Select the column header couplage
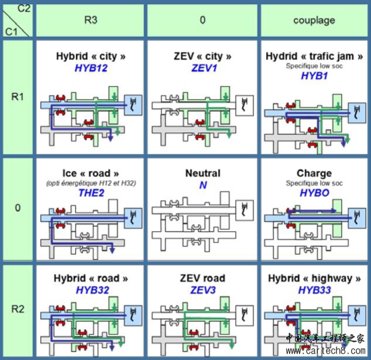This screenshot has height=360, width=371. coord(314,20)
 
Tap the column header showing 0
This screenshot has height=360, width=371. coord(202,20)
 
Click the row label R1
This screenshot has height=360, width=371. coord(18,97)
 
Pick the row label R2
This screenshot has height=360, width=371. coord(18,309)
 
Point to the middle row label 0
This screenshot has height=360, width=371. coord(18,208)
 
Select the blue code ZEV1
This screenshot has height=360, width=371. coord(203,68)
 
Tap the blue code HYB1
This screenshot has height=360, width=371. coord(314,76)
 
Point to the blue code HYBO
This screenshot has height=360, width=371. coord(314,192)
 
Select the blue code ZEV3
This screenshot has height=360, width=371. coord(203,289)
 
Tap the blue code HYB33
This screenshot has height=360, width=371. coord(314,289)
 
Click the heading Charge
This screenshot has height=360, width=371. coord(314,173)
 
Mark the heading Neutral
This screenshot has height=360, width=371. coord(202,173)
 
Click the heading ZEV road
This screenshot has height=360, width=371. coord(202,278)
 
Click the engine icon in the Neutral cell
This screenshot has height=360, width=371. coord(245,207)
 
